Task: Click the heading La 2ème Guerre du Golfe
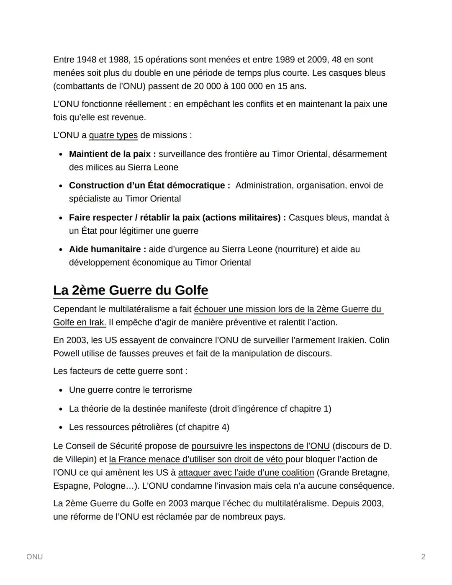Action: point(131,290)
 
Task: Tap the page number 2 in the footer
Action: point(423,557)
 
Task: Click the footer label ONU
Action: point(34,557)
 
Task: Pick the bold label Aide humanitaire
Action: point(108,249)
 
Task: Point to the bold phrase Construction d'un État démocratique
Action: point(149,186)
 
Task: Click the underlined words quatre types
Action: point(113,135)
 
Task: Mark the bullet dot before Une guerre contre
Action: point(61,390)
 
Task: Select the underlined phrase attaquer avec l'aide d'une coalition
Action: point(246,473)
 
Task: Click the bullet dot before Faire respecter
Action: point(61,218)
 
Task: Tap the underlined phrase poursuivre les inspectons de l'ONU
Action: point(260,446)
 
